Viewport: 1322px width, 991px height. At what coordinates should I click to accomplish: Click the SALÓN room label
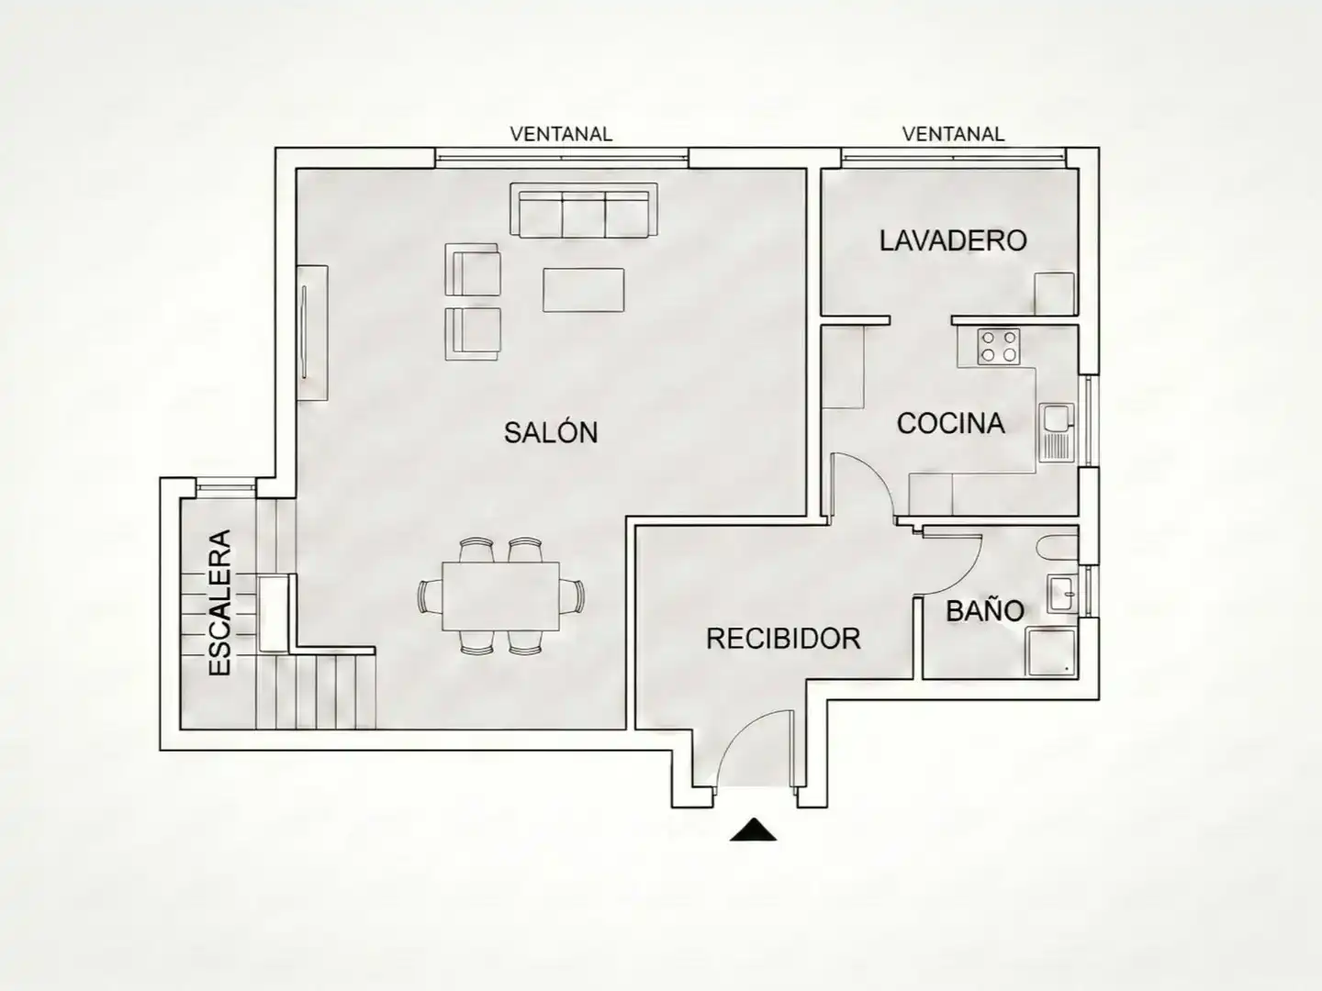[x=551, y=432]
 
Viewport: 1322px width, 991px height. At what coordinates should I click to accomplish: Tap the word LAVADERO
[x=953, y=240]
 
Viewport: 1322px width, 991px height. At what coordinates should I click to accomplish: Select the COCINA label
[x=950, y=424]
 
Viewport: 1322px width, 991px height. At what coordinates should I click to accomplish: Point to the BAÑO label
[x=985, y=610]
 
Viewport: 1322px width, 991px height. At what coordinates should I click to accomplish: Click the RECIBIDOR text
[x=783, y=639]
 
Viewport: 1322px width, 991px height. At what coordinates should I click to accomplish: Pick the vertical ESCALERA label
[x=219, y=603]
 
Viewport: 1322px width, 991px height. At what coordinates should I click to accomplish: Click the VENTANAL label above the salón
[x=561, y=134]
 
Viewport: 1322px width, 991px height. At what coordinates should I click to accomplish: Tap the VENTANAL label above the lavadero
[x=953, y=134]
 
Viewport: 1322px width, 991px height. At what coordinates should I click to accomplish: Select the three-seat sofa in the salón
[x=584, y=211]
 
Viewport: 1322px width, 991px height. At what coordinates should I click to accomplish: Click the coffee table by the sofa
[x=583, y=290]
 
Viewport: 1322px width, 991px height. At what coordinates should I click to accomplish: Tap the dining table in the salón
[x=500, y=596]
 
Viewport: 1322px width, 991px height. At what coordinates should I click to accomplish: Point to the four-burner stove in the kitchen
[x=998, y=347]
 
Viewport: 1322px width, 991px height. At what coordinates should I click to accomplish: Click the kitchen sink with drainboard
[x=1057, y=432]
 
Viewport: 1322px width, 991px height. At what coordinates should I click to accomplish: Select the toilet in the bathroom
[x=1058, y=548]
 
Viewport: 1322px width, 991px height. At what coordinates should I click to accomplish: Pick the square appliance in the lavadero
[x=1055, y=293]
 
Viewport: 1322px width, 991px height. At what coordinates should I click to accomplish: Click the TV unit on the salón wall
[x=312, y=333]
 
